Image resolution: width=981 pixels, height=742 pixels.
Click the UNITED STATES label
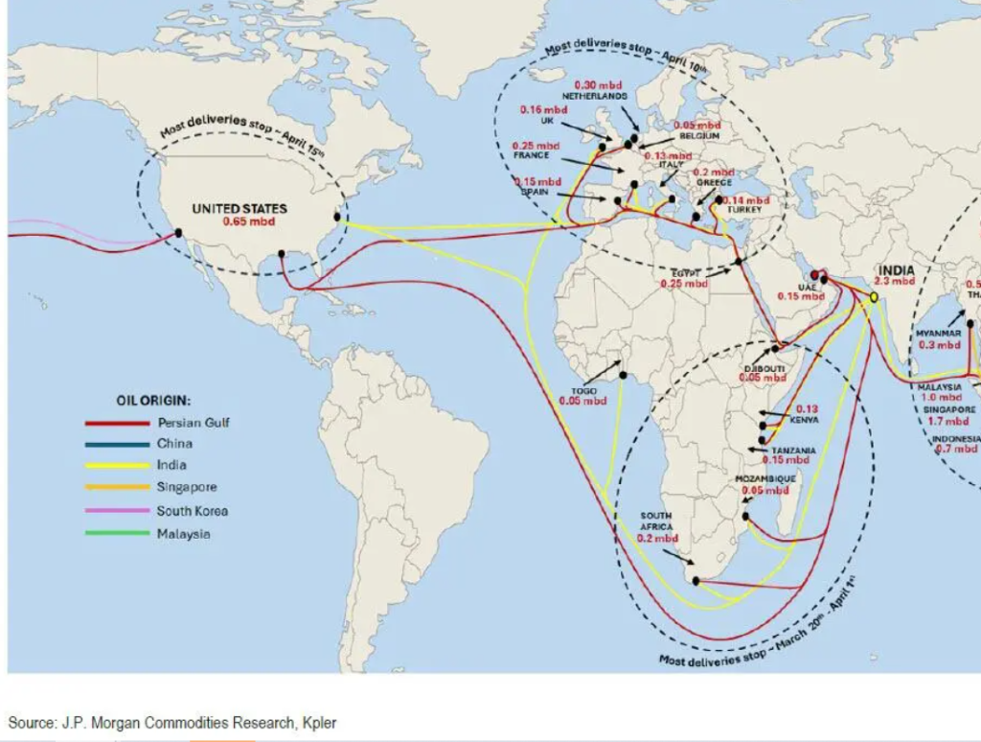pyautogui.click(x=240, y=208)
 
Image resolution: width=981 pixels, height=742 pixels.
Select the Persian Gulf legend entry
pyautogui.click(x=194, y=422)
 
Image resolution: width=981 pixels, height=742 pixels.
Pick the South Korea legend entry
pyautogui.click(x=192, y=511)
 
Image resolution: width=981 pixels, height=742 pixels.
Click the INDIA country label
pyautogui.click(x=896, y=270)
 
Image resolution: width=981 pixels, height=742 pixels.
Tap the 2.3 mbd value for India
pyautogui.click(x=895, y=282)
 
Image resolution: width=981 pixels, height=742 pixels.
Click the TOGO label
pyautogui.click(x=583, y=391)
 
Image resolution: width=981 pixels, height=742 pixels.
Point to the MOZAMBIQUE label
pyautogui.click(x=764, y=478)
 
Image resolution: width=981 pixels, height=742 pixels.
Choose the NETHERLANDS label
pyautogui.click(x=594, y=97)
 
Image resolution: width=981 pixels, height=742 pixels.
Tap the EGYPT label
pyautogui.click(x=686, y=272)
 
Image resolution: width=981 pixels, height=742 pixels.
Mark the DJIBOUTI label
pyautogui.click(x=764, y=368)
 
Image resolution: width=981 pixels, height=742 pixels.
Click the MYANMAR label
pyautogui.click(x=938, y=333)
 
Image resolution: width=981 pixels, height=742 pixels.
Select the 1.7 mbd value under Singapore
pyautogui.click(x=948, y=421)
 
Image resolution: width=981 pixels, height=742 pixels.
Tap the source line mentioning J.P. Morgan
pyautogui.click(x=172, y=722)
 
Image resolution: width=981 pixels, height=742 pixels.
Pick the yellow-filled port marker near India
pyautogui.click(x=874, y=298)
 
